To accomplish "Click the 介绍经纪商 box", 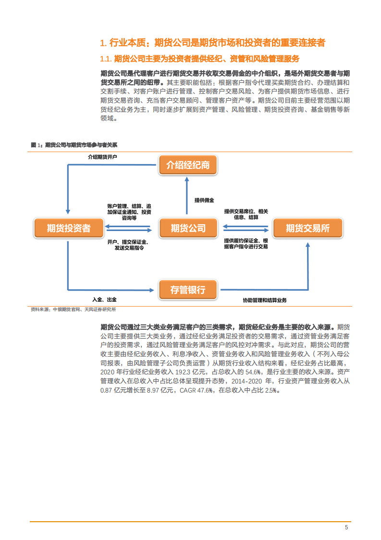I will coord(188,166).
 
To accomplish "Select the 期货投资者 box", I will coord(69,228).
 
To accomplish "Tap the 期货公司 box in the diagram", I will coord(188,228).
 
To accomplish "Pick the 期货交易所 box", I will coord(307,228).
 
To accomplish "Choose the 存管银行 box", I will coord(188,290).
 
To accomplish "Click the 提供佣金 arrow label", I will coord(204,200).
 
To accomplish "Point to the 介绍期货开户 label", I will coord(102,157).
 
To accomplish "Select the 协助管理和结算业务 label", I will coord(264,300).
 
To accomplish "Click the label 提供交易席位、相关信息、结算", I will coord(246,214).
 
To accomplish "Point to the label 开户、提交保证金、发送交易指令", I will coord(128,244).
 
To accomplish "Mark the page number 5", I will coord(346,527).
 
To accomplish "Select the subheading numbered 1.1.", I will coord(199,59).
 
